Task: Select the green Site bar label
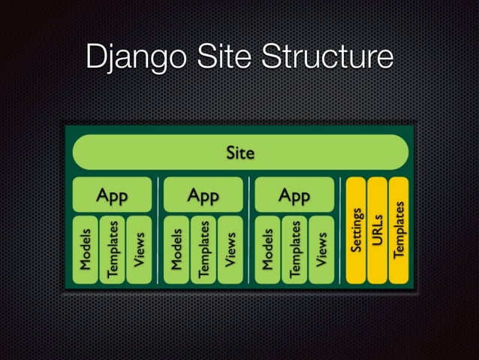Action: point(240,153)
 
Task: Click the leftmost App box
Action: point(112,195)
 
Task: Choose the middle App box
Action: point(203,195)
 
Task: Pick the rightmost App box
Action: point(294,195)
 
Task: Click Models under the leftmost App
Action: point(86,249)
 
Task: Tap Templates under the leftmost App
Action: point(113,249)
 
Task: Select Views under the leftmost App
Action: point(139,249)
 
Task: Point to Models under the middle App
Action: point(177,249)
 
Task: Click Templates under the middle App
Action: point(203,249)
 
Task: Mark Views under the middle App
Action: point(230,249)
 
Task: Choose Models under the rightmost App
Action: point(268,249)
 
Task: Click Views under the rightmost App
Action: point(321,249)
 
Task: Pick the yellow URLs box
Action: point(378,230)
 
